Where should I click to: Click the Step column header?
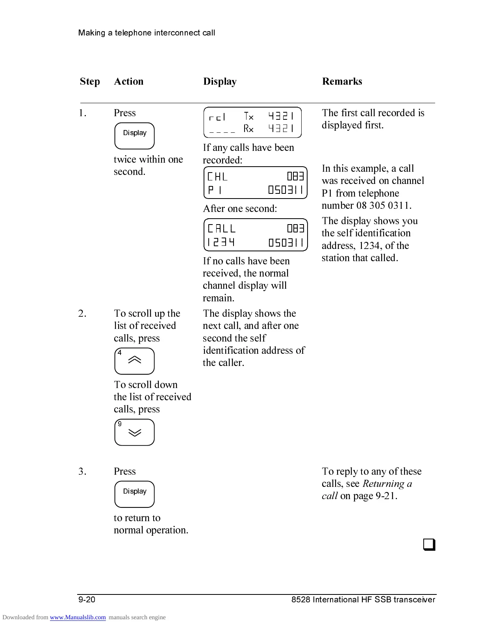click(x=90, y=82)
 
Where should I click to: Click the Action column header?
click(x=128, y=82)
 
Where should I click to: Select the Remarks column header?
click(x=342, y=82)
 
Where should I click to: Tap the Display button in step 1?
click(x=134, y=136)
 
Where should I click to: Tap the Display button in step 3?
click(x=134, y=494)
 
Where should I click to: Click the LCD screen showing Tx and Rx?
click(x=252, y=123)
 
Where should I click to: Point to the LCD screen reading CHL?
click(x=255, y=183)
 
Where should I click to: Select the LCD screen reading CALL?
click(x=255, y=235)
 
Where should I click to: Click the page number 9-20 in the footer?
click(x=87, y=600)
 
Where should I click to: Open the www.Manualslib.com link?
click(x=78, y=617)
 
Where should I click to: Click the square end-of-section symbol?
click(x=429, y=545)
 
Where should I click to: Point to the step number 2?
click(x=82, y=314)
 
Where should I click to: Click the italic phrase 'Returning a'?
click(x=387, y=483)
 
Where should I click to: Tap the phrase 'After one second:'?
click(x=240, y=208)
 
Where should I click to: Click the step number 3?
click(x=82, y=472)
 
